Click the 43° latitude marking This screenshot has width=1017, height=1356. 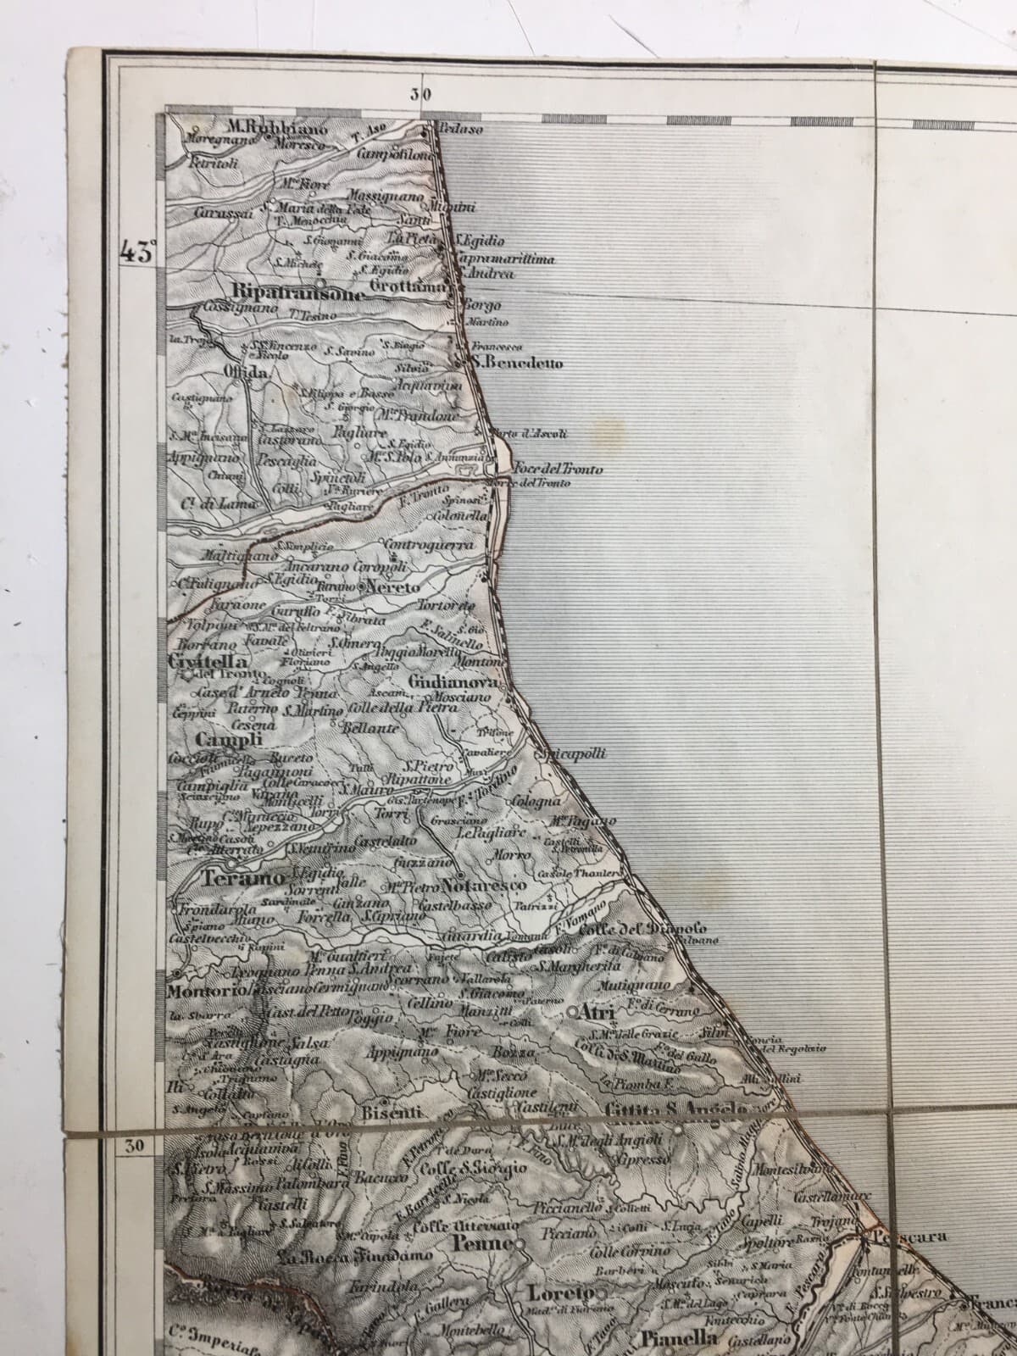139,252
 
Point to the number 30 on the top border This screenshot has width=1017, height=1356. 420,94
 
